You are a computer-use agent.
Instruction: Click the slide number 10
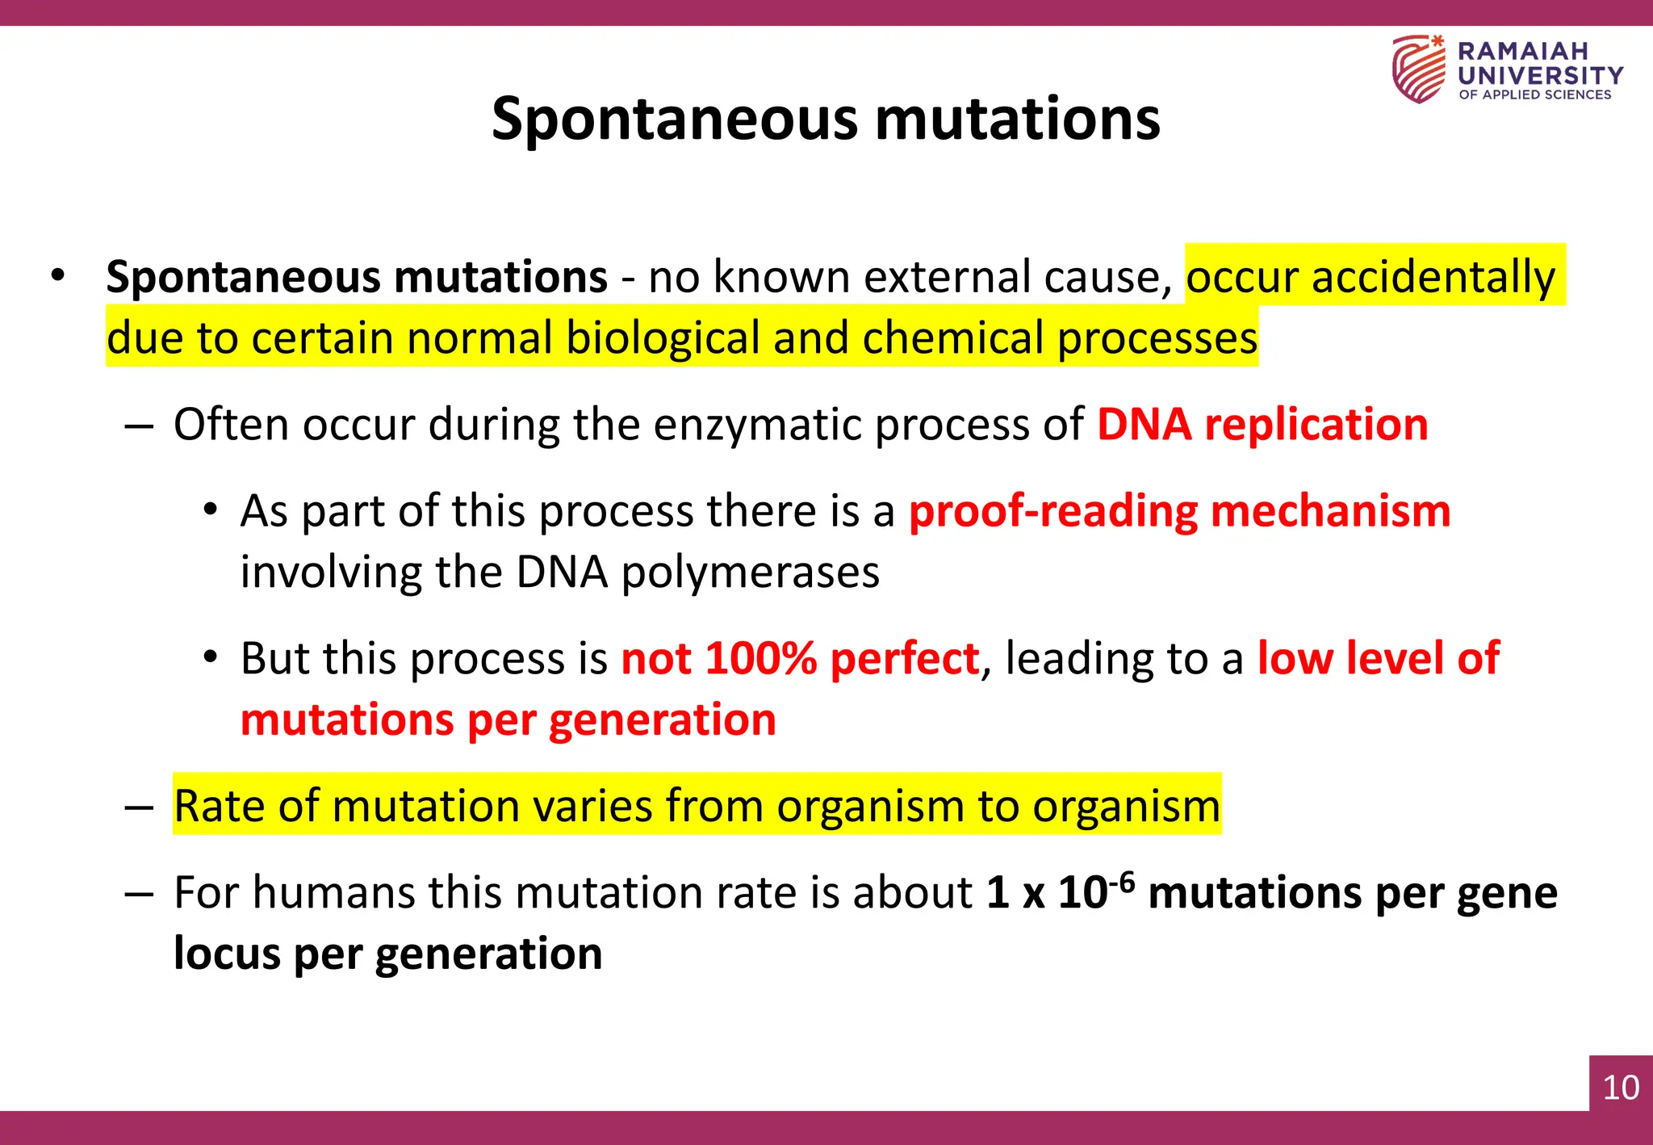coord(1620,1087)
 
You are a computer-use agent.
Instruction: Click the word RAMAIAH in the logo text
coord(1522,51)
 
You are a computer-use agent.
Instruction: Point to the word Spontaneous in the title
coord(675,119)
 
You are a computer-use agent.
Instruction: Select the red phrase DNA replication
coord(1262,424)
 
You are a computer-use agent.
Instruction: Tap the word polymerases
coord(750,572)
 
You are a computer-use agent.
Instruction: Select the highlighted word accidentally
coord(1433,277)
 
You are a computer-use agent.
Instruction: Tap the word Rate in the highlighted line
coord(219,806)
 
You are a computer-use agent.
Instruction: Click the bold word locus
coord(226,954)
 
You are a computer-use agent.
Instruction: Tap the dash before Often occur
coord(139,426)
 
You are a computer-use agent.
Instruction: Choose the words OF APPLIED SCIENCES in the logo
coord(1534,94)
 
